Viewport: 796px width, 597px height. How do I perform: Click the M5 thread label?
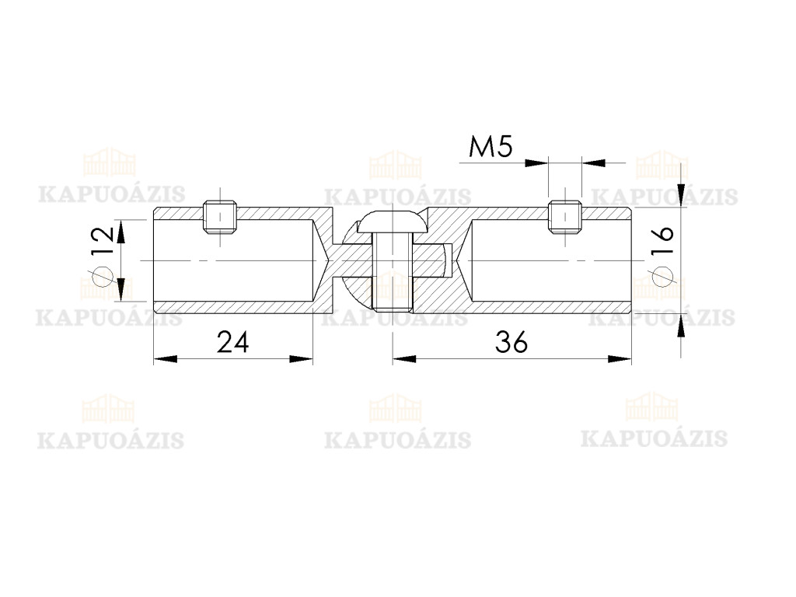[x=491, y=147]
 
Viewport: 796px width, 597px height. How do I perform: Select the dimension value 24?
[x=233, y=342]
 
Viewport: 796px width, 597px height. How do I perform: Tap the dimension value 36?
[x=511, y=342]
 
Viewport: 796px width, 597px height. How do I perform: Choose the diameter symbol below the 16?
[x=662, y=277]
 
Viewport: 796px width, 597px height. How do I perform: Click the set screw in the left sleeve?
[x=220, y=217]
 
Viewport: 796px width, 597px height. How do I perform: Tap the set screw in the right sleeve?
[x=564, y=217]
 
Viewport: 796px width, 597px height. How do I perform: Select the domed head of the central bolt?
[x=392, y=222]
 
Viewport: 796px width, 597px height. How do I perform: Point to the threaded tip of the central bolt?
[x=392, y=306]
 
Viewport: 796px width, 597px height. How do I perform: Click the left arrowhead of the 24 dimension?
[x=165, y=358]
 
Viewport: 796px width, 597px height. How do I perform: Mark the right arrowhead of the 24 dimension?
[x=301, y=358]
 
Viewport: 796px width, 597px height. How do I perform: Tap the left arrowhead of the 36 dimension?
[x=404, y=358]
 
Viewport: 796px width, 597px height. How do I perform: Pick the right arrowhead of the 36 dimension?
[x=620, y=358]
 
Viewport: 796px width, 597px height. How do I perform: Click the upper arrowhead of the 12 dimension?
[x=122, y=232]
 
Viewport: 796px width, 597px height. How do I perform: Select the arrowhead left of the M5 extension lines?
[x=536, y=162]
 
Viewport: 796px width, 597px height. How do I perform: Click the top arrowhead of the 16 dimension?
[x=682, y=196]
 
